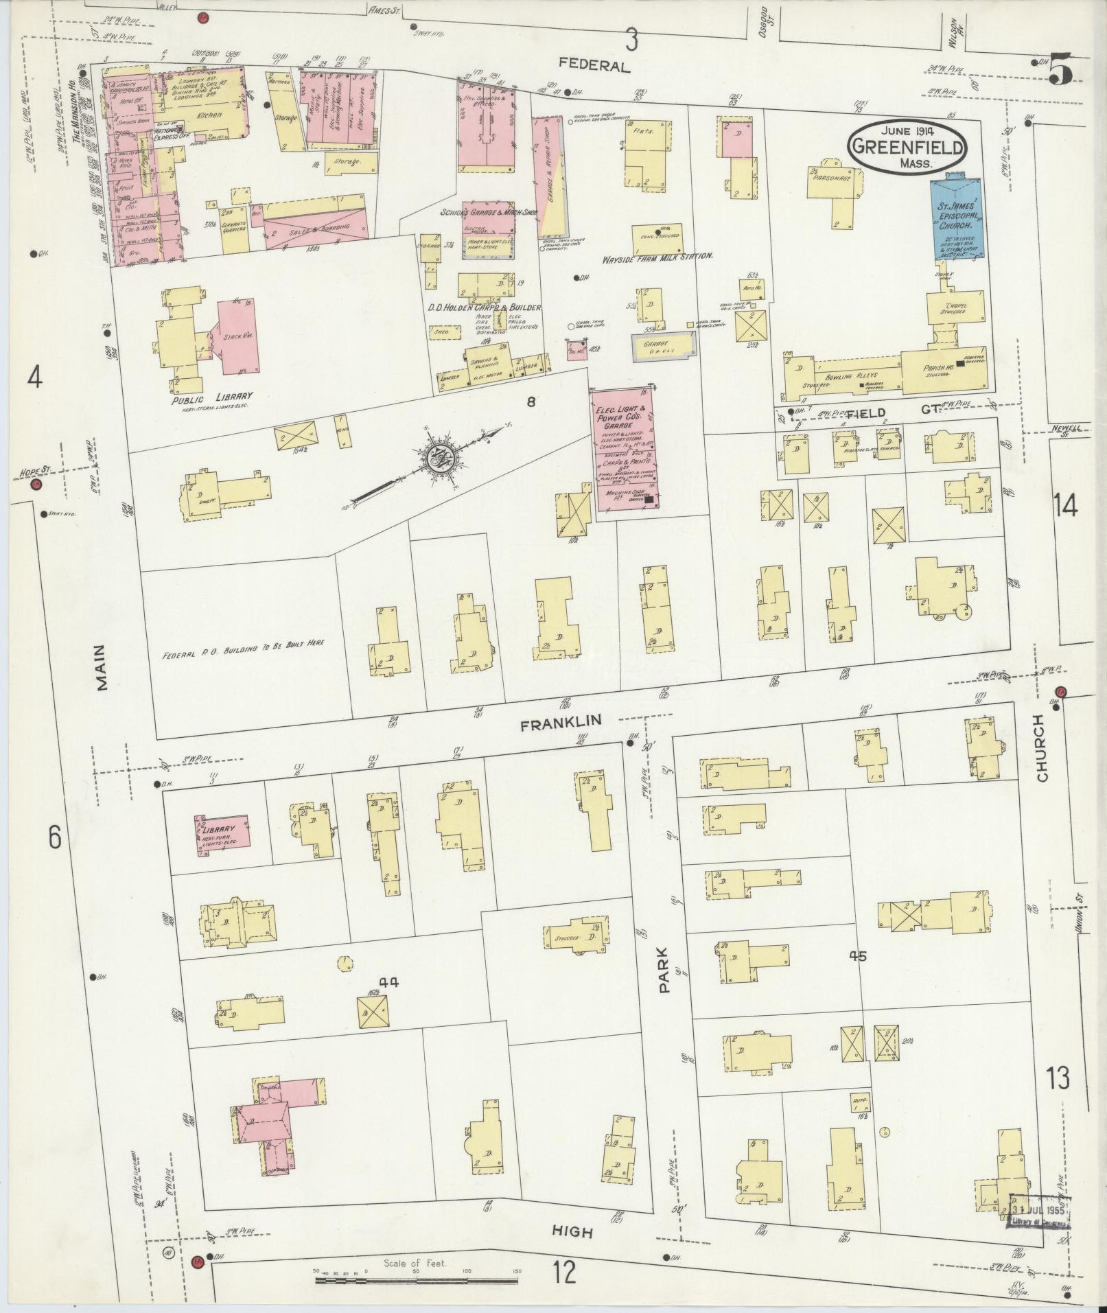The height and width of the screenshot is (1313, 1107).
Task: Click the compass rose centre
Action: click(x=437, y=460)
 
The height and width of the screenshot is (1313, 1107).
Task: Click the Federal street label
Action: click(x=594, y=66)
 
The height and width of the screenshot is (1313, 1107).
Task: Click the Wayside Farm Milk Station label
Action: click(x=657, y=255)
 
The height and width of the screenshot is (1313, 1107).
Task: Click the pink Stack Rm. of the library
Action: click(x=237, y=336)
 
